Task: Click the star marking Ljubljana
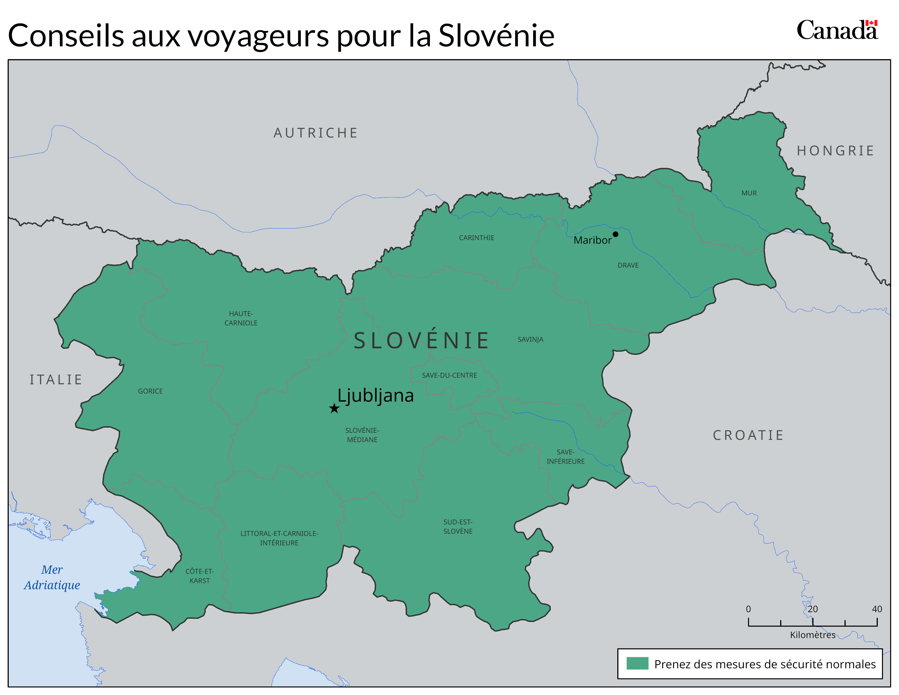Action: tap(334, 409)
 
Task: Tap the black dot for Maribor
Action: tap(615, 234)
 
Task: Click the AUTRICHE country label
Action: tap(316, 133)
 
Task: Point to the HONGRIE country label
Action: tap(836, 151)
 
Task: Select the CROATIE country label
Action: tap(748, 435)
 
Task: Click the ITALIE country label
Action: tap(56, 380)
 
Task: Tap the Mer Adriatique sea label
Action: tap(52, 577)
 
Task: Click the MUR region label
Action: tap(749, 193)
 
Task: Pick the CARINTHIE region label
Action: tap(477, 238)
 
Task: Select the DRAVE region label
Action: tap(628, 265)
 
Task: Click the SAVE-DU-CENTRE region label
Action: tap(449, 376)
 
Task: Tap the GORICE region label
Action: tap(150, 391)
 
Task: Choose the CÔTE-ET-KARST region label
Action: tap(200, 576)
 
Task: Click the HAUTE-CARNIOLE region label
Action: tap(241, 318)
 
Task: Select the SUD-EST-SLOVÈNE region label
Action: tap(458, 527)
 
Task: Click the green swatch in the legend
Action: tap(637, 663)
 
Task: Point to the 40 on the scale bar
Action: tap(877, 609)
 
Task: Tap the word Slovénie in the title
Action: tap(496, 36)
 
